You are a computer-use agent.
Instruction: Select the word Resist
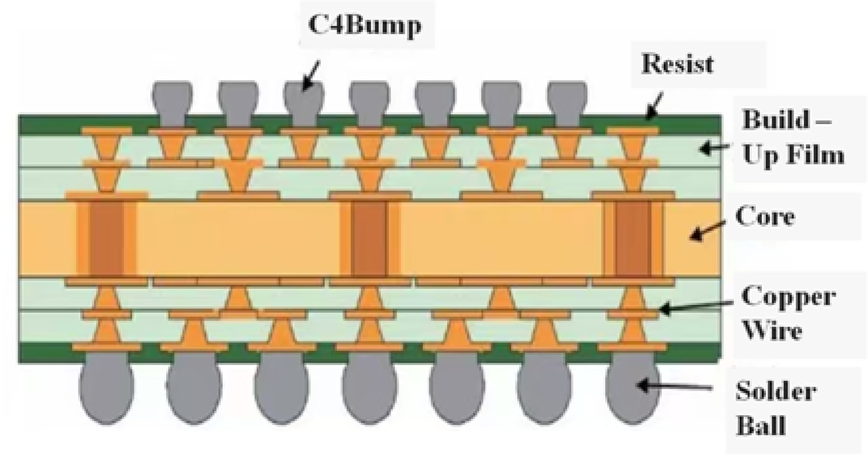[678, 63]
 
